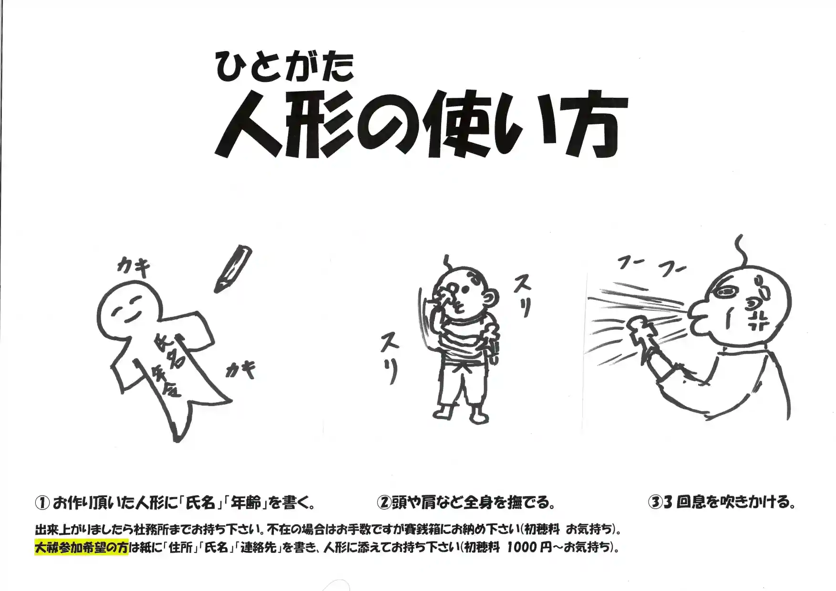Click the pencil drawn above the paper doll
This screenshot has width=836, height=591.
coord(233,269)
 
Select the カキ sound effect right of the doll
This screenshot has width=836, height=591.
coord(240,370)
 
